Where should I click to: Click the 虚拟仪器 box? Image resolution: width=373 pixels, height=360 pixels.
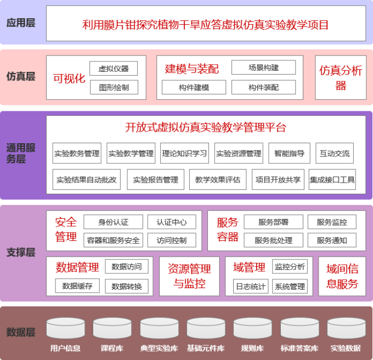(x=114, y=69)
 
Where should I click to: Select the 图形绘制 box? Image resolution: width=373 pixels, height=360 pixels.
(x=114, y=87)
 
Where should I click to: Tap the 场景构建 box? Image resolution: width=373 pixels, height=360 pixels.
(x=263, y=67)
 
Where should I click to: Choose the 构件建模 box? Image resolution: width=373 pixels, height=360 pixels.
(x=194, y=87)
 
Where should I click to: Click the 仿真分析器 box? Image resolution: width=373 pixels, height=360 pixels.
(x=341, y=77)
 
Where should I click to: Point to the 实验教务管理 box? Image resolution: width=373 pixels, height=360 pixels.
(x=77, y=154)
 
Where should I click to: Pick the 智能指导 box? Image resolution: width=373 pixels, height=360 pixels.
(x=289, y=154)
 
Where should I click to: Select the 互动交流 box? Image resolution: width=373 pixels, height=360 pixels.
(x=335, y=154)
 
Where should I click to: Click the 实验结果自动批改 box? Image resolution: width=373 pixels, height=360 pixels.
(x=87, y=179)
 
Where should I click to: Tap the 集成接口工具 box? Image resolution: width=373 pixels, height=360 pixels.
(x=332, y=179)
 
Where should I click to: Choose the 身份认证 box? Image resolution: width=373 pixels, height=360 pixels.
(x=113, y=222)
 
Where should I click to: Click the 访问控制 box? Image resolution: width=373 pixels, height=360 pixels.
(x=171, y=240)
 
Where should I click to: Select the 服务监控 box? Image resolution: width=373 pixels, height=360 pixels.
(x=331, y=222)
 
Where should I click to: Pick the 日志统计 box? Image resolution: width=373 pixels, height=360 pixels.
(x=250, y=286)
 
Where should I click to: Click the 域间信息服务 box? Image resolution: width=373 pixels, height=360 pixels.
(x=342, y=276)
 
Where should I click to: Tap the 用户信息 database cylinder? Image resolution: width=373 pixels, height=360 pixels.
(x=65, y=329)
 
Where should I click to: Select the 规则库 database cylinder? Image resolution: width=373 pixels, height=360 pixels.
(x=252, y=329)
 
